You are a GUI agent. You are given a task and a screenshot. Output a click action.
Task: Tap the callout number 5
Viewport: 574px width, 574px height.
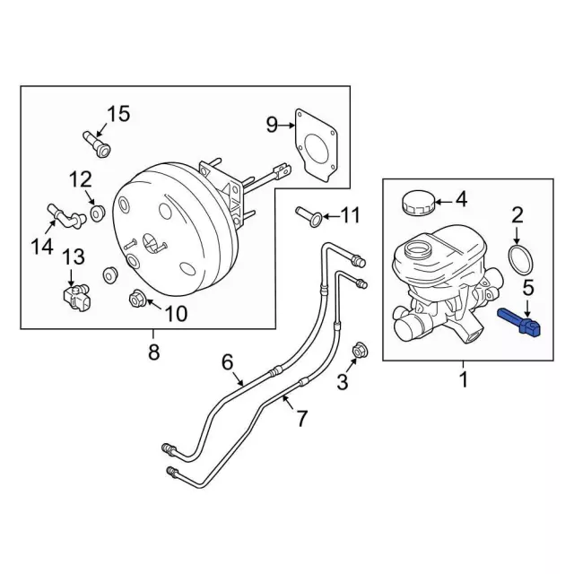(528, 288)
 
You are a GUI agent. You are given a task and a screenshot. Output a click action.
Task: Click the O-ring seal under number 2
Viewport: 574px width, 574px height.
(518, 260)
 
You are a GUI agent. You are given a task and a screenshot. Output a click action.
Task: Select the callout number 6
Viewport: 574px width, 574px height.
(227, 361)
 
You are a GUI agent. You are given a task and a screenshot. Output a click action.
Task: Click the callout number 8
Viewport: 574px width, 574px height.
(153, 352)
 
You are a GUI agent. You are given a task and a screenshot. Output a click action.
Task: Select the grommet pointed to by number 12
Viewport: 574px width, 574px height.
(100, 214)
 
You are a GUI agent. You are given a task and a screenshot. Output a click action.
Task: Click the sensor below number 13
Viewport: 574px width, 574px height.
(74, 292)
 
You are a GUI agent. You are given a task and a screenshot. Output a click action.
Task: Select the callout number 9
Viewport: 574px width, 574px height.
(272, 124)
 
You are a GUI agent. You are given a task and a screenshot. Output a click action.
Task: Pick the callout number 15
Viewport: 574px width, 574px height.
(119, 114)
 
